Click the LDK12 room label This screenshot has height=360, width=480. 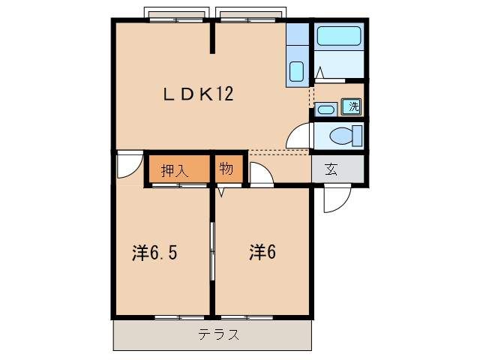(199, 94)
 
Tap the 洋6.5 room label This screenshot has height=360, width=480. (154, 253)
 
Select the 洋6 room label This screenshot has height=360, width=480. (263, 253)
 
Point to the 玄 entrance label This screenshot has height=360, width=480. (331, 169)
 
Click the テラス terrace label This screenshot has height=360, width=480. (219, 335)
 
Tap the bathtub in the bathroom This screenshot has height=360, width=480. (339, 37)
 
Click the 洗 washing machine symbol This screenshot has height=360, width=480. (352, 106)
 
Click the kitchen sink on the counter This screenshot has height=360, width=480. (296, 73)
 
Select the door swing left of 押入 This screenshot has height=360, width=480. (128, 166)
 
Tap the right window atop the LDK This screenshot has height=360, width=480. (250, 16)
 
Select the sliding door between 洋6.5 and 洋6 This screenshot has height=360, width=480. (212, 247)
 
